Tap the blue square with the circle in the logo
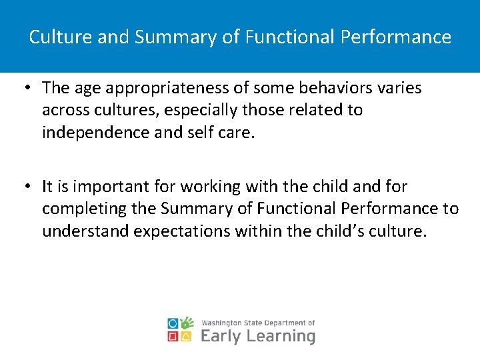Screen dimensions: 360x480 (x=173, y=323)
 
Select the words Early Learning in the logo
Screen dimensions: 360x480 (x=257, y=335)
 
